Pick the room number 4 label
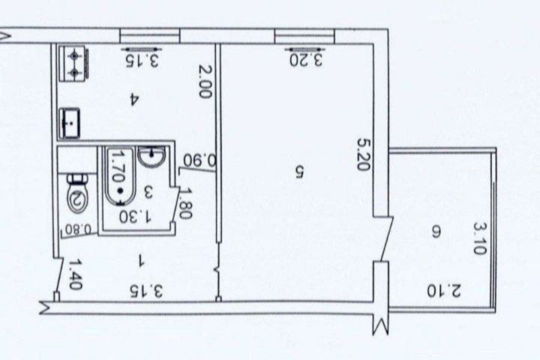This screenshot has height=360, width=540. pos(133,98)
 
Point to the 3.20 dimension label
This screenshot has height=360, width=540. pos(307,59)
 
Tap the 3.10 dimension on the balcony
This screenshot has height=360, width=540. pos(480,237)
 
